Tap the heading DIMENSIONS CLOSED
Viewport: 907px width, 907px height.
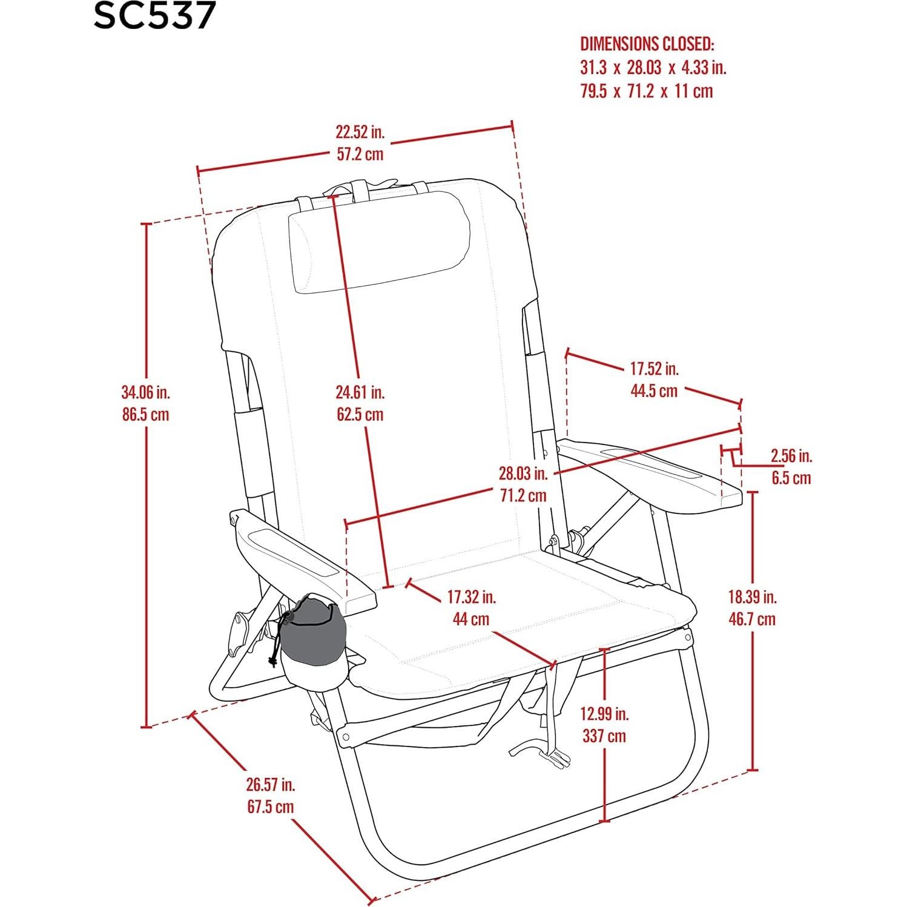[647, 44]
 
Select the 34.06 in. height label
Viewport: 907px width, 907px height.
[146, 392]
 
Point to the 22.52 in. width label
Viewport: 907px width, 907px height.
[360, 132]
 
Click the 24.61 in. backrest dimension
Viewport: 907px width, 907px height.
[360, 392]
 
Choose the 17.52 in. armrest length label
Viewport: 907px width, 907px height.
[654, 368]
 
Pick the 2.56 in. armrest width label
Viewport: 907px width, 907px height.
[791, 455]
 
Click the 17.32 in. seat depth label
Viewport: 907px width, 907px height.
[471, 597]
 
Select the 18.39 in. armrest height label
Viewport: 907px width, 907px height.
[752, 597]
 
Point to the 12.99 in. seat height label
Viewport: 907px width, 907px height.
[604, 714]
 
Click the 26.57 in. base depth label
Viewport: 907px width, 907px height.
[270, 785]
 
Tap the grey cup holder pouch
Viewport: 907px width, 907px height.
[312, 630]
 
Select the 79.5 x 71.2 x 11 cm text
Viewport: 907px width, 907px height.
[647, 91]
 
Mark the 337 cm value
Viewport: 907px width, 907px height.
[604, 736]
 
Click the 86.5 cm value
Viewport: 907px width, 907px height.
[146, 415]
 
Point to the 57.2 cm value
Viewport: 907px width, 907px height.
[360, 154]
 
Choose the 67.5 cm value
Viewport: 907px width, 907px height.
[270, 807]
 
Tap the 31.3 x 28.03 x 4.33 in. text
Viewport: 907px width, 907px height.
[653, 67]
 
